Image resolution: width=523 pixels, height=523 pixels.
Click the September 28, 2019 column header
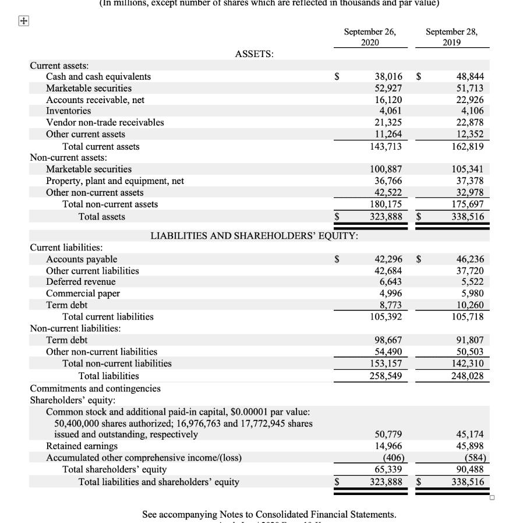coord(451,37)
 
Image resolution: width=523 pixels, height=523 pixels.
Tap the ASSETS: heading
coord(255,54)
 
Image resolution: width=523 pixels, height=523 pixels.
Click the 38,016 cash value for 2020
coord(387,77)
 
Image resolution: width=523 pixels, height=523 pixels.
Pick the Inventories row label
coord(69,111)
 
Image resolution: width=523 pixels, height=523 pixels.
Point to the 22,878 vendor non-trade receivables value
coord(468,122)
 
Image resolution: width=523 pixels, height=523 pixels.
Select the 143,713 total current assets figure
coord(385,146)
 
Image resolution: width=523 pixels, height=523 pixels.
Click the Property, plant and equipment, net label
coord(115,181)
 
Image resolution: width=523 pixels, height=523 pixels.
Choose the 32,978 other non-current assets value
coord(468,192)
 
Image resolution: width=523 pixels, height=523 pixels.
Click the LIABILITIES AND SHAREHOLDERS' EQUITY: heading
coord(255,236)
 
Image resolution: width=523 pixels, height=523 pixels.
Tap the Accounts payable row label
coord(82,259)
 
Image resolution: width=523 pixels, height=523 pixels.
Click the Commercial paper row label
coord(83,294)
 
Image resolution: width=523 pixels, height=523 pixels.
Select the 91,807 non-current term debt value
coord(468,340)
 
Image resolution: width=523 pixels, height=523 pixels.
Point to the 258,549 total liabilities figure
coord(385,376)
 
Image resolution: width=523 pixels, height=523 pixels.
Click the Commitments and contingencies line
coord(95,388)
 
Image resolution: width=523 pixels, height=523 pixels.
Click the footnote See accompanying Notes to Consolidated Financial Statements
coord(269,514)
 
